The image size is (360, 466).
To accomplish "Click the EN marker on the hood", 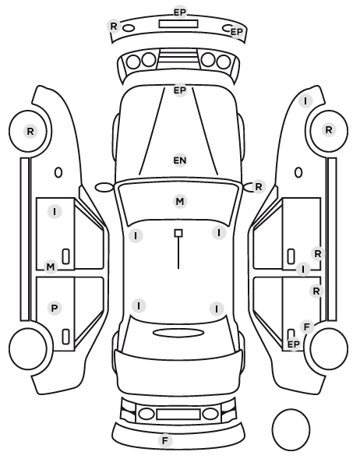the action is (180, 161).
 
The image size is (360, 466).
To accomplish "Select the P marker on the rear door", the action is (55, 308).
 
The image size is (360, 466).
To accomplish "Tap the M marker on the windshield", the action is (180, 202).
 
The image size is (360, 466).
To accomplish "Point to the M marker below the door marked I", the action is (51, 267).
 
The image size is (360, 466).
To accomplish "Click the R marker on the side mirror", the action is (259, 187).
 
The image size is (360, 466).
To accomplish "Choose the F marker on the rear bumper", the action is (165, 440).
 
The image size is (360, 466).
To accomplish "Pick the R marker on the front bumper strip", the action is (114, 26).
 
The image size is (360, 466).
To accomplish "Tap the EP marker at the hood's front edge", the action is (180, 90).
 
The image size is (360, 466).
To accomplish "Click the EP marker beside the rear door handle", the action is (294, 344).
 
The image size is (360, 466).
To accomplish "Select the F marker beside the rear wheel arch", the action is (307, 327).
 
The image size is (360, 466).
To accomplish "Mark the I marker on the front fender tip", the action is (305, 101).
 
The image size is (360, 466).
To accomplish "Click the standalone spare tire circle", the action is (291, 429).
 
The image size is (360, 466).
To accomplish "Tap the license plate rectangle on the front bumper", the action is (178, 24).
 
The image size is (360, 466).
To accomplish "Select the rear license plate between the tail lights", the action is (178, 414).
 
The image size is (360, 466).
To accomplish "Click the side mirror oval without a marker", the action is (104, 187).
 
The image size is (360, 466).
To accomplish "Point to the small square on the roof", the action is (178, 233).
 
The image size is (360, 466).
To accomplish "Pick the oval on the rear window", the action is (178, 333).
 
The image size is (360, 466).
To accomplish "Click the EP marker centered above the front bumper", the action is (180, 12).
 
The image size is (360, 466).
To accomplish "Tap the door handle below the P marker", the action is (65, 337).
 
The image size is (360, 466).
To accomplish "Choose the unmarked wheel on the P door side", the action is (28, 348).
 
